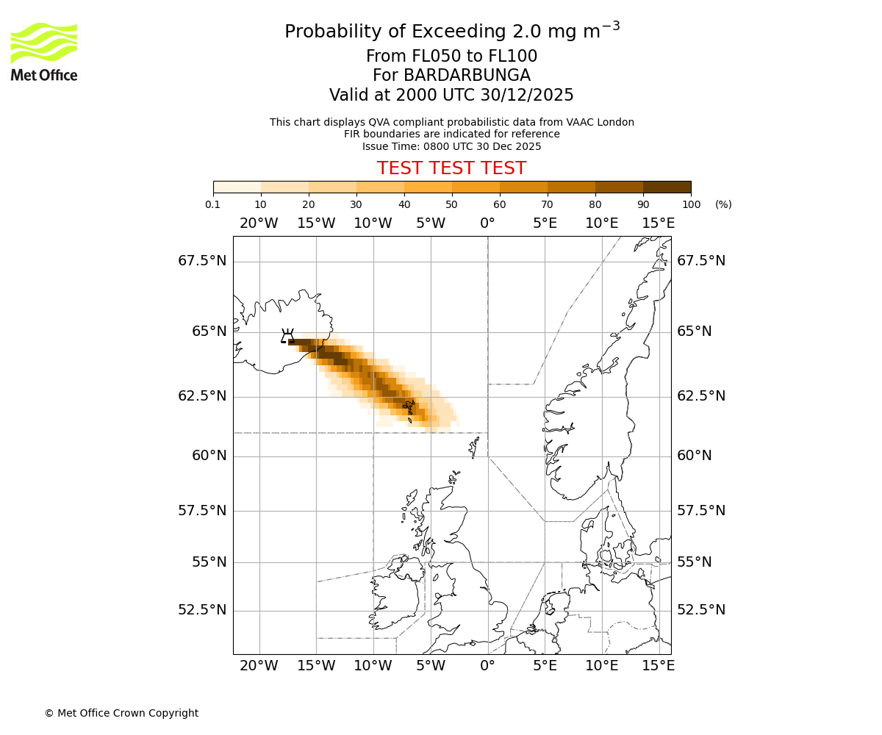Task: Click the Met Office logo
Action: [x=44, y=51]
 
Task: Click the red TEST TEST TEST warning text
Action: [x=451, y=168]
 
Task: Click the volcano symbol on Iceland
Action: [x=287, y=337]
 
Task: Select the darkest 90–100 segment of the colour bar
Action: [x=667, y=187]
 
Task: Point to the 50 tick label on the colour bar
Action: [x=451, y=204]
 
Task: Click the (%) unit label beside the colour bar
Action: [x=723, y=204]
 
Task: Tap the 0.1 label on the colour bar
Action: [x=213, y=204]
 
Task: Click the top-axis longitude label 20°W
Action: [x=259, y=223]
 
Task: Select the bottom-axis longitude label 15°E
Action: [x=659, y=666]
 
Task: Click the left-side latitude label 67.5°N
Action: [x=202, y=261]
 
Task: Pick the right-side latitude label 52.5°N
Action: [x=701, y=610]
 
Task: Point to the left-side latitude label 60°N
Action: [x=209, y=456]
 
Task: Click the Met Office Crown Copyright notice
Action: [x=121, y=713]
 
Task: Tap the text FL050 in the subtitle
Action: [x=426, y=57]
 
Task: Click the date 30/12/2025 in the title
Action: [x=523, y=96]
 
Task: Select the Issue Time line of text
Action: [x=451, y=146]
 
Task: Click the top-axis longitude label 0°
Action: [x=487, y=223]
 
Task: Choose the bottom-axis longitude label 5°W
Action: [x=431, y=666]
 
